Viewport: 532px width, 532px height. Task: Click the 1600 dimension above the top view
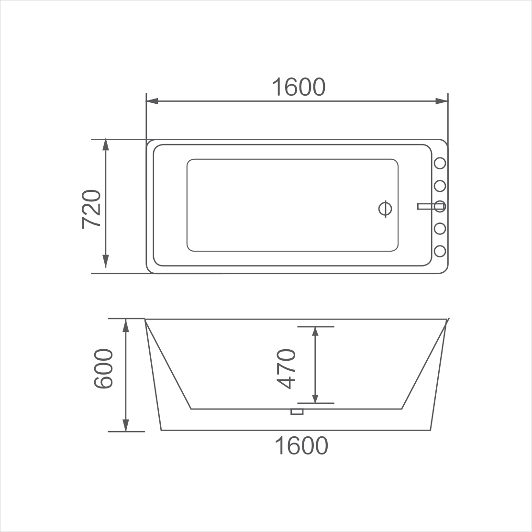299,87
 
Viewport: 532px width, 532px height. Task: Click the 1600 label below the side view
301,445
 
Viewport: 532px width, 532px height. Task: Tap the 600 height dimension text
103,369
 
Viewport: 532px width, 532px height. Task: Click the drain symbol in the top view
385,209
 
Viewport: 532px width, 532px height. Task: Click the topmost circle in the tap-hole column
440,163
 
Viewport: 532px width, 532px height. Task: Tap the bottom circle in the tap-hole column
440,251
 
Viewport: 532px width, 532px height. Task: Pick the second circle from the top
440,185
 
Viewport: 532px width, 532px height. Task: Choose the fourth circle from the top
440,229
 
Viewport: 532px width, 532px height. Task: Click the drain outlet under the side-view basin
297,411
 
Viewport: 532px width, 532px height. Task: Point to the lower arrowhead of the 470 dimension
315,398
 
